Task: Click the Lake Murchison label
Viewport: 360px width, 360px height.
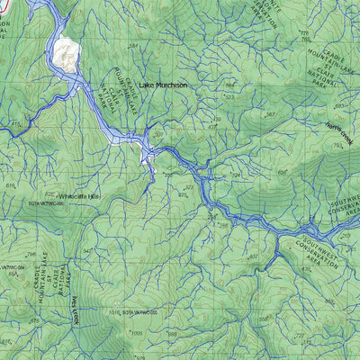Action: tap(163, 85)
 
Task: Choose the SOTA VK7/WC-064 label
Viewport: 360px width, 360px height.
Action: tap(9, 267)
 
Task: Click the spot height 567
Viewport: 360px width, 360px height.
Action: tap(268, 115)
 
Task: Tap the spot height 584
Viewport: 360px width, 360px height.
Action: tap(133, 45)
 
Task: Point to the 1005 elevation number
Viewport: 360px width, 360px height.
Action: tap(136, 333)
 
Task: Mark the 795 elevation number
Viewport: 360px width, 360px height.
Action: tap(238, 176)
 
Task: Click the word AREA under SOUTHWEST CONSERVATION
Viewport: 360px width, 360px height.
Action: tap(312, 262)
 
